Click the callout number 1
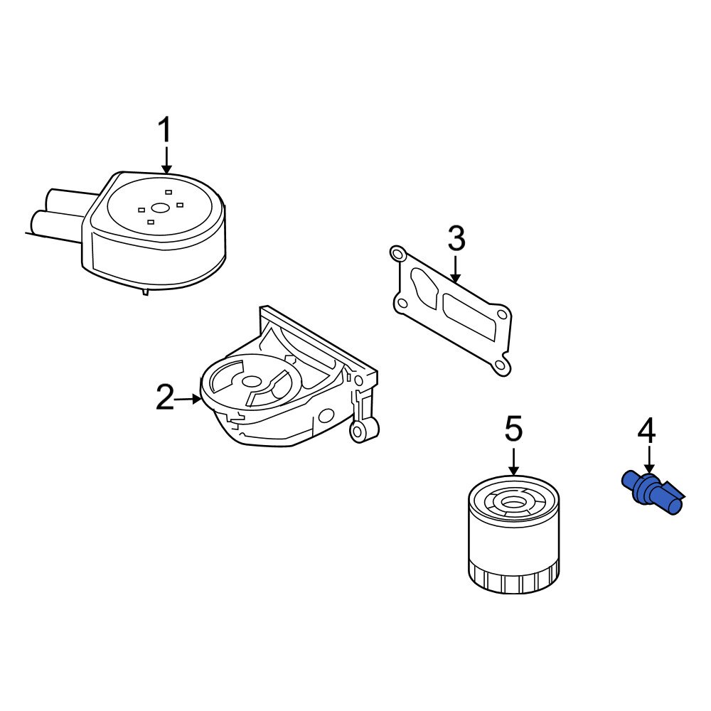(164, 132)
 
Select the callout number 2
(164, 397)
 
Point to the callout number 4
(646, 431)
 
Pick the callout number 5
(513, 429)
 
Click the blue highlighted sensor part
(653, 492)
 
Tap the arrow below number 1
(166, 160)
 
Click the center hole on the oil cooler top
(160, 208)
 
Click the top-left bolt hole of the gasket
(397, 252)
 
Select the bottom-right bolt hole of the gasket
(501, 366)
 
